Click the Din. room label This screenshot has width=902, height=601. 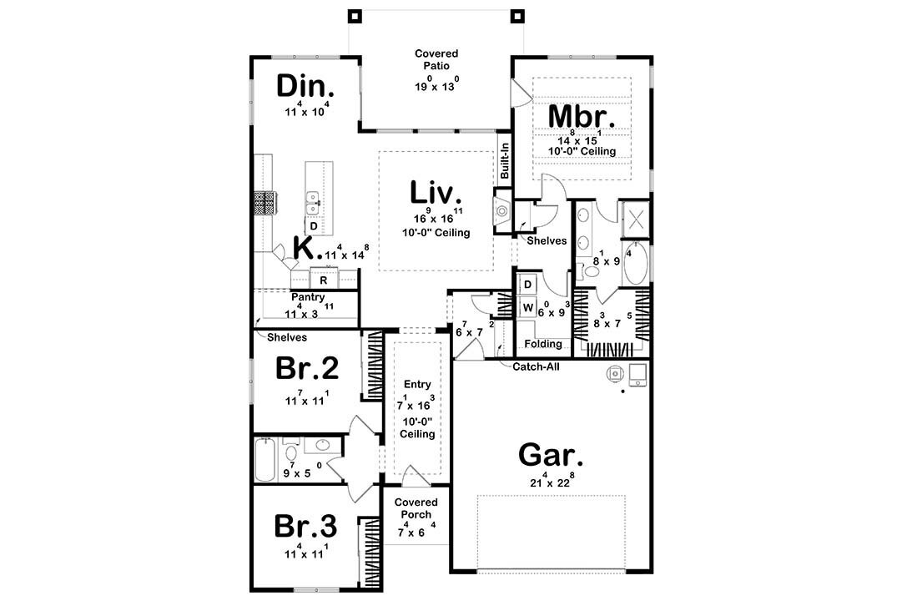pos(306,87)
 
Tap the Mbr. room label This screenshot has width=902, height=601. pos(581,116)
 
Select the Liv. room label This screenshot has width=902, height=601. pos(436,193)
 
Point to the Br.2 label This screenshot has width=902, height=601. pos(307,370)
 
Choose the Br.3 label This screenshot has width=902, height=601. pos(306,527)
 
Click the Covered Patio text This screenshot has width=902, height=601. pos(436,61)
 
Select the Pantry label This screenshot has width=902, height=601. pos(307,297)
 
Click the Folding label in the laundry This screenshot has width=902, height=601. pos(543,343)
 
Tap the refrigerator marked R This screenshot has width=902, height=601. pos(323,280)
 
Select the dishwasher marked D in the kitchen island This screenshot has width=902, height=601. pos(314,226)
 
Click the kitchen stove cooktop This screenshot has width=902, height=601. pos(266,203)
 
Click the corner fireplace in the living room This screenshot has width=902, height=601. pos(503,211)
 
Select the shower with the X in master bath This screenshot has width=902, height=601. pos(634,219)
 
